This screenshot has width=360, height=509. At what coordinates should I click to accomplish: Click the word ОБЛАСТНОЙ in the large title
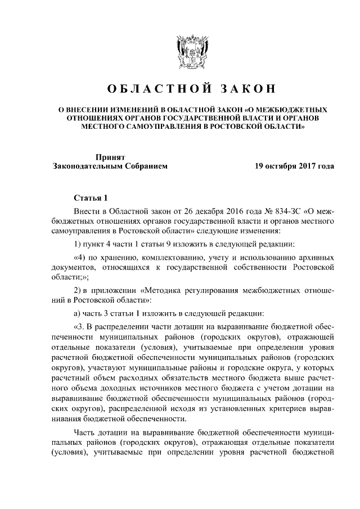pos(151,89)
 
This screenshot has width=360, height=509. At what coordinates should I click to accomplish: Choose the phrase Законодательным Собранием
pos(110,167)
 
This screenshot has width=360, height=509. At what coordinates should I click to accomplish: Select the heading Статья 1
pos(90,197)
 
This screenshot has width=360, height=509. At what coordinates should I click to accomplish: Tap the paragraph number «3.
pos(80,328)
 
